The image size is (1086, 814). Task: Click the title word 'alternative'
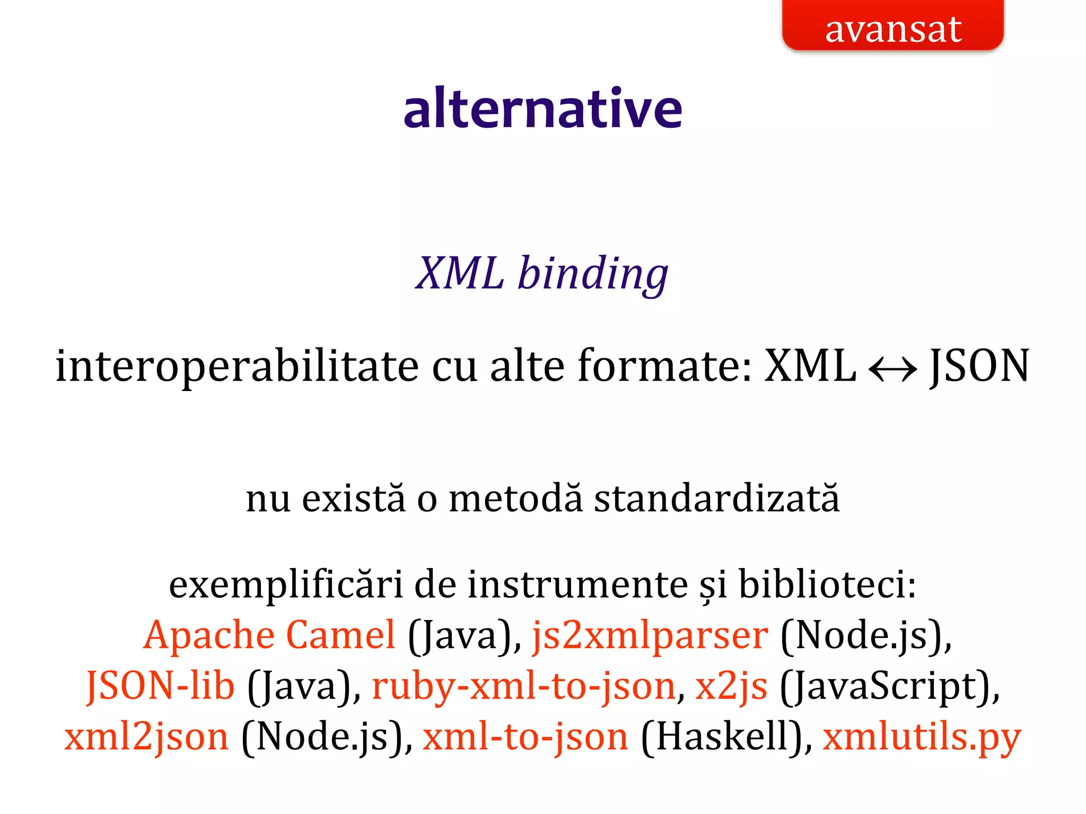coord(542,109)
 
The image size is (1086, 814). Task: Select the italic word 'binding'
coord(593,274)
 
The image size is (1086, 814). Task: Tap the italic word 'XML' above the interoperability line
coord(459,274)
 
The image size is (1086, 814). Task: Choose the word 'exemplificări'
coord(286,585)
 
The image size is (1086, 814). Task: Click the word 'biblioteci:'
coord(827,585)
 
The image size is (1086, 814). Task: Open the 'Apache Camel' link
coord(269,635)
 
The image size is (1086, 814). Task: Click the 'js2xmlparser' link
coord(650,635)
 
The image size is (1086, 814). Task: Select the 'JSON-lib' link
coord(160,686)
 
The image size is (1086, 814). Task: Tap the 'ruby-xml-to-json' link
coord(524,686)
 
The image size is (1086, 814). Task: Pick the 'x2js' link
coord(731,686)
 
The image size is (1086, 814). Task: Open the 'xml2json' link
coord(146,737)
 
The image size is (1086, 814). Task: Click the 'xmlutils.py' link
coord(922,737)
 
